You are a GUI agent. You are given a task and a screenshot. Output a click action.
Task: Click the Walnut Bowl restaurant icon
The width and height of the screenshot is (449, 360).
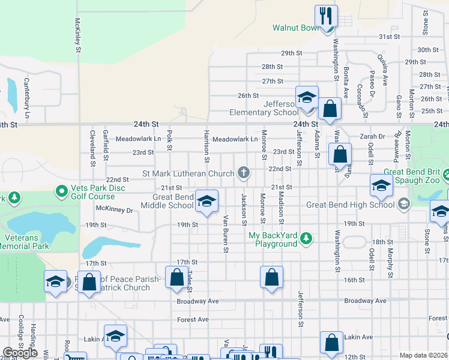(x=326, y=16)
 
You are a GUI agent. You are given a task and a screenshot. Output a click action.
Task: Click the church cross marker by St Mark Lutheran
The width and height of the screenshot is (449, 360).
(x=243, y=173)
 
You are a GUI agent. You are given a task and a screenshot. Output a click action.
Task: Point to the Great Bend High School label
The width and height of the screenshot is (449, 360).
(x=351, y=205)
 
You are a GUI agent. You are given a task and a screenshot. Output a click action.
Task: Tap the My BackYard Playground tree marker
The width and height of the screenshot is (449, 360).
(x=306, y=239)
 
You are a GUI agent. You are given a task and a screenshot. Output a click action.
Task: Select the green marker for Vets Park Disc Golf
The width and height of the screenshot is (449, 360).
(x=61, y=192)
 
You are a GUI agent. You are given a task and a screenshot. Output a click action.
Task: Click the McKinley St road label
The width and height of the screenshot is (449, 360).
(x=77, y=37)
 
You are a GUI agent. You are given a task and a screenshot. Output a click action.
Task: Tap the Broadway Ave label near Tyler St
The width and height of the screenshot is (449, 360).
(x=197, y=301)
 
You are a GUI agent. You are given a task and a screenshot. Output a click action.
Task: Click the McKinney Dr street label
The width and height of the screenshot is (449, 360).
(x=114, y=210)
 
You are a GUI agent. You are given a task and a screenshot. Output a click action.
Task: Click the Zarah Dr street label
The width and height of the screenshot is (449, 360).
(x=372, y=137)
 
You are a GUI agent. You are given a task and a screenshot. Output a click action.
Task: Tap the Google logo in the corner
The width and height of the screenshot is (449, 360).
(x=20, y=353)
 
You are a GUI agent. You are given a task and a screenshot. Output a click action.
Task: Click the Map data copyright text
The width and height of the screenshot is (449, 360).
(x=423, y=355)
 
